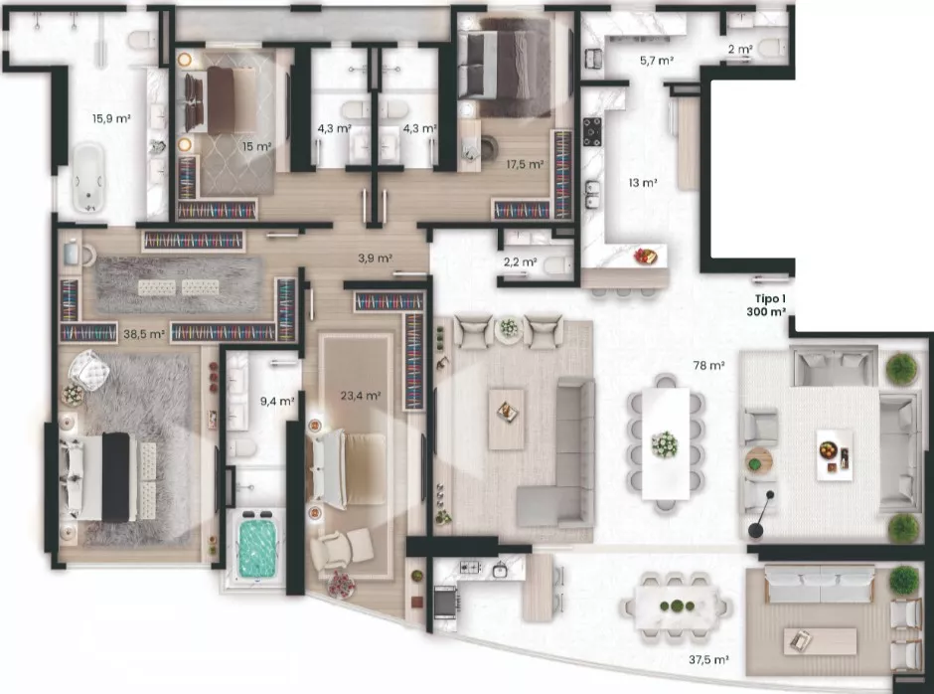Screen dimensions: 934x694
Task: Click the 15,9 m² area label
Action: [x=111, y=118]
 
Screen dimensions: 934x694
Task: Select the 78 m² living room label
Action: [x=708, y=366]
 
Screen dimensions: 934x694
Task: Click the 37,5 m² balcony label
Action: [x=708, y=659]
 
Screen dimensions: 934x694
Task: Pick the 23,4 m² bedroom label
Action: [x=361, y=396]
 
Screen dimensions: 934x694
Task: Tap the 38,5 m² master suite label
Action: [x=143, y=334]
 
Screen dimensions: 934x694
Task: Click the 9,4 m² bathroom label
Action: [x=277, y=402]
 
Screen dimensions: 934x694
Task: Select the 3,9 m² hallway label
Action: [x=375, y=259]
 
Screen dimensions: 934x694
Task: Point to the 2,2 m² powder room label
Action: [x=520, y=261]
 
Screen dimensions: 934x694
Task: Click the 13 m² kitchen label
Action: [x=643, y=182]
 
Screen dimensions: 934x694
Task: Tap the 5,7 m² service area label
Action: [x=657, y=61]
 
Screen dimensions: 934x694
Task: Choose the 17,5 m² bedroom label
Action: [x=525, y=164]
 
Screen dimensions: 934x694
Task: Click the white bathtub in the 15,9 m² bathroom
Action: [x=89, y=178]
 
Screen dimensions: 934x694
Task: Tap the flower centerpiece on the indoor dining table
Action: [x=665, y=444]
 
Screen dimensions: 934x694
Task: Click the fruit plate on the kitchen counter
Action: [x=645, y=257]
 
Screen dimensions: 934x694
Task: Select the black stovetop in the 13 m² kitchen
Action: [x=592, y=131]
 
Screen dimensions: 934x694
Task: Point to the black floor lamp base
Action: [x=756, y=530]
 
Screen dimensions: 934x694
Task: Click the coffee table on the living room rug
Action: [x=507, y=420]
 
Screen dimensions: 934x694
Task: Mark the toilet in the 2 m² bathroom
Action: [x=773, y=48]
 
